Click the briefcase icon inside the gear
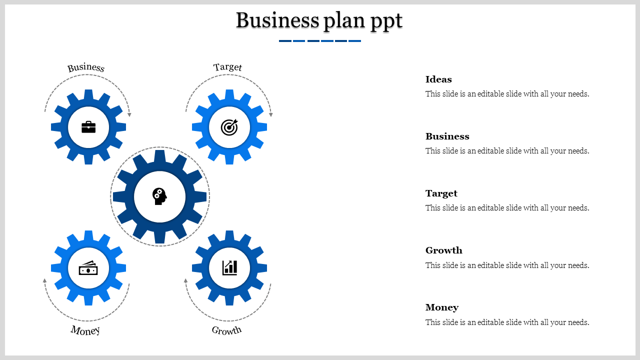pos(88,127)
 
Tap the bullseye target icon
pos(229,127)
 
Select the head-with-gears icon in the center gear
pos(159,196)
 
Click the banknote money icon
pos(88,268)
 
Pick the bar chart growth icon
pos(229,267)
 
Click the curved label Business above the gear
pos(86,67)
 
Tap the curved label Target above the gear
pos(227,67)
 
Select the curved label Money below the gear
pos(85,330)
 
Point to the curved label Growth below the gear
pos(226,330)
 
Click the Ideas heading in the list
pos(438,79)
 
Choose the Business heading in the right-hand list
pos(447,136)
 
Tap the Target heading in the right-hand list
pos(441,193)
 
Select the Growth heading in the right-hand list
pos(443,250)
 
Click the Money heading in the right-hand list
pos(442,307)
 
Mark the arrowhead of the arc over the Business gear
pos(129,114)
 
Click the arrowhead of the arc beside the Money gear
pos(44,280)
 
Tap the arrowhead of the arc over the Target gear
pos(271,114)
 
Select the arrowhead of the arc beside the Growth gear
pos(185,280)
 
